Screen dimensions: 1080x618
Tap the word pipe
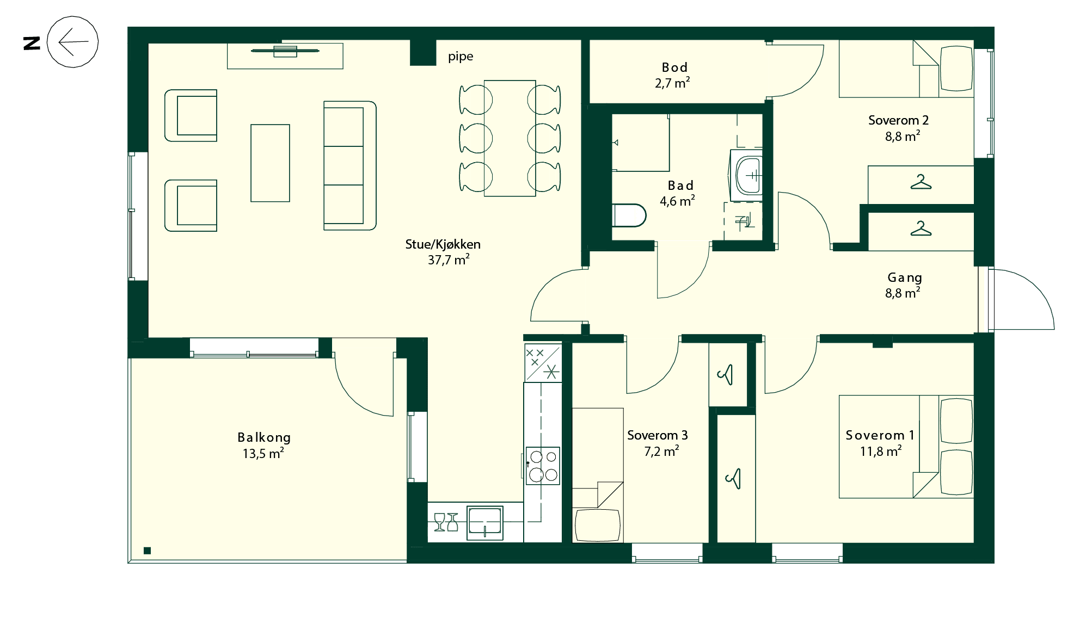click(x=461, y=57)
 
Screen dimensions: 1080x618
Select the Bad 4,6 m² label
click(x=678, y=193)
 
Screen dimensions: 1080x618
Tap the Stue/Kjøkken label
click(x=443, y=252)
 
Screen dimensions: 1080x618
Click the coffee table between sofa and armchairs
click(x=270, y=163)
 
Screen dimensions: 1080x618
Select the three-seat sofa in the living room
click(x=350, y=165)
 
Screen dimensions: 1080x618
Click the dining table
click(x=510, y=138)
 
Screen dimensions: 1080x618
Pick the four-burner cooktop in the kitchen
click(x=543, y=466)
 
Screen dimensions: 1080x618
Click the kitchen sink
click(x=485, y=523)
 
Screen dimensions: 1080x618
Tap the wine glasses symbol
click(x=446, y=522)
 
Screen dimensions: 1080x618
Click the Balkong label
click(x=264, y=446)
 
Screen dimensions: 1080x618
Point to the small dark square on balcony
click(x=147, y=551)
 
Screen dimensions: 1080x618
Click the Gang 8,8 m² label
click(x=904, y=286)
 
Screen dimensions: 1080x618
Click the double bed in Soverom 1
click(x=906, y=447)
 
